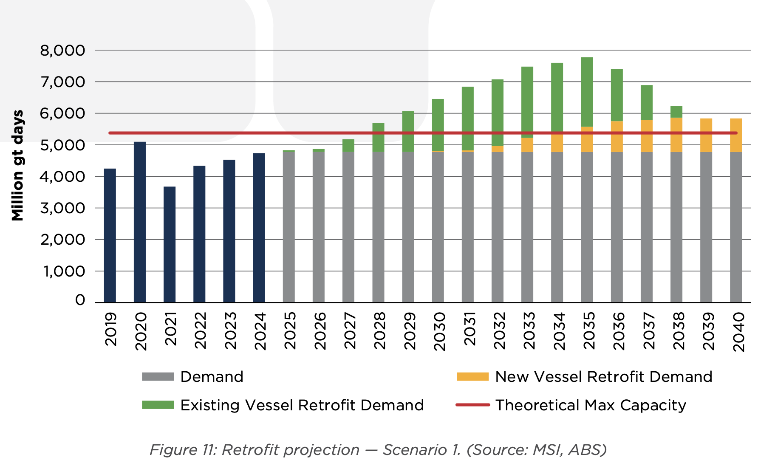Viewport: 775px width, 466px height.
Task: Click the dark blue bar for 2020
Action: click(x=140, y=222)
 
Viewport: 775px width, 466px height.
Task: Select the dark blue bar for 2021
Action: click(x=170, y=244)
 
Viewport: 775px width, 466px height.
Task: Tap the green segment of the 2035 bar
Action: click(x=587, y=92)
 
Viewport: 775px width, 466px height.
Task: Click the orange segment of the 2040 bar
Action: click(x=736, y=135)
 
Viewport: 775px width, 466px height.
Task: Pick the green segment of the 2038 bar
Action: click(x=676, y=112)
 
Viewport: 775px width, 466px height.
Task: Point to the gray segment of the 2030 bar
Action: click(x=438, y=227)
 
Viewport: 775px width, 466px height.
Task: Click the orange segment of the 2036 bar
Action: click(x=617, y=136)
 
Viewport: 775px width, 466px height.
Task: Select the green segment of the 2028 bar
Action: click(x=378, y=137)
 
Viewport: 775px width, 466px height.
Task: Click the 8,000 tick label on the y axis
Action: click(x=62, y=51)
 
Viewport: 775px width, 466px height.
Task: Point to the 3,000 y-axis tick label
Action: click(x=62, y=208)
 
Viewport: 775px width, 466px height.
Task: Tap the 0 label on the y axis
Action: click(x=80, y=300)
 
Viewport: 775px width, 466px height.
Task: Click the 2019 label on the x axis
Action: click(x=110, y=330)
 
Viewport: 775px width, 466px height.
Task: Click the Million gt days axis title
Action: click(x=17, y=166)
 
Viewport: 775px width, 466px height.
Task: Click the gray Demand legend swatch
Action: click(x=158, y=377)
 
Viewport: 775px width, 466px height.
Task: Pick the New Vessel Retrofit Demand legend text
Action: click(x=603, y=377)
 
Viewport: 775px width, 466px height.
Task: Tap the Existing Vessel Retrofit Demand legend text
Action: click(x=302, y=405)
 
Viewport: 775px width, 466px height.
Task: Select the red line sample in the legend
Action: click(x=472, y=405)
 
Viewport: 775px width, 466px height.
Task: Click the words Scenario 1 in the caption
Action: click(x=421, y=449)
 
